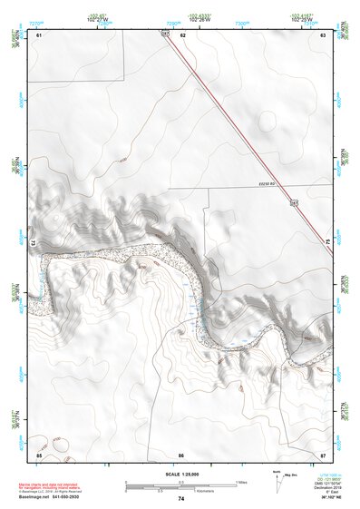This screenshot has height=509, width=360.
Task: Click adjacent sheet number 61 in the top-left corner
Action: (x=39, y=34)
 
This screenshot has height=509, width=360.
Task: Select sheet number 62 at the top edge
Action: (x=182, y=34)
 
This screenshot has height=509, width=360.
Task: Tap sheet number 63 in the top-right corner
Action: (x=323, y=34)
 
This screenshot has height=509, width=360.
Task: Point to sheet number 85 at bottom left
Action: (x=39, y=454)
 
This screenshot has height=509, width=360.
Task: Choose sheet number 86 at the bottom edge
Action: (x=181, y=454)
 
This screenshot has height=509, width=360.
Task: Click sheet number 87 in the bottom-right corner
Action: (x=323, y=454)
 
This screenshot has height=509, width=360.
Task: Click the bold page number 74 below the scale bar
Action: (x=181, y=499)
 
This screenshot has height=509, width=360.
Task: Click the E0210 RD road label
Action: (x=265, y=186)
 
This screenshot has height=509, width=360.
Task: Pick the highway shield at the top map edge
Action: (x=166, y=34)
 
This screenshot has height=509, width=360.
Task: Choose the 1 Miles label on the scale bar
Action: (x=241, y=481)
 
